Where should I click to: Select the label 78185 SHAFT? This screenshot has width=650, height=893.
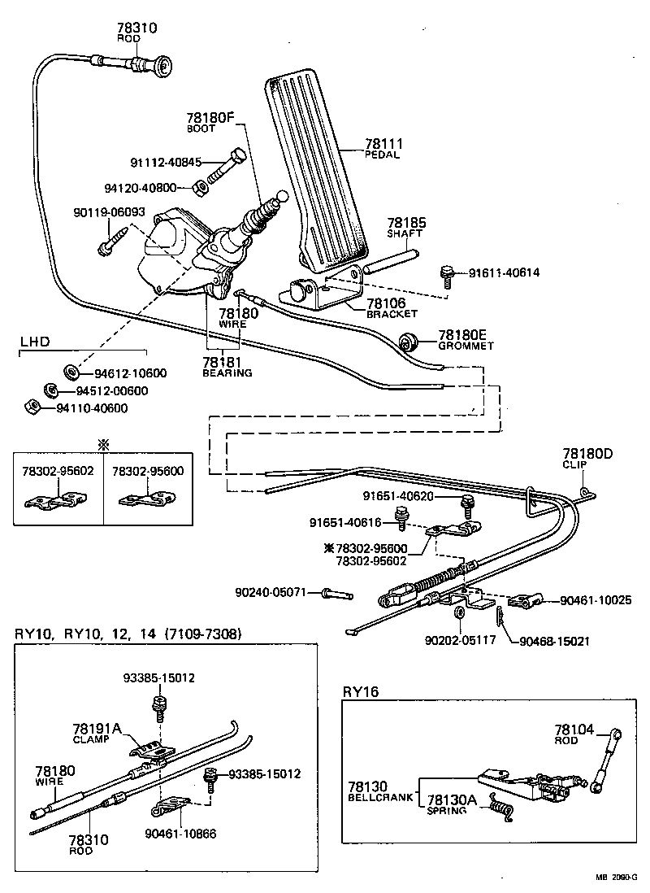pos(405,226)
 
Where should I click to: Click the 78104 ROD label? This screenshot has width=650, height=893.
pos(574,734)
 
